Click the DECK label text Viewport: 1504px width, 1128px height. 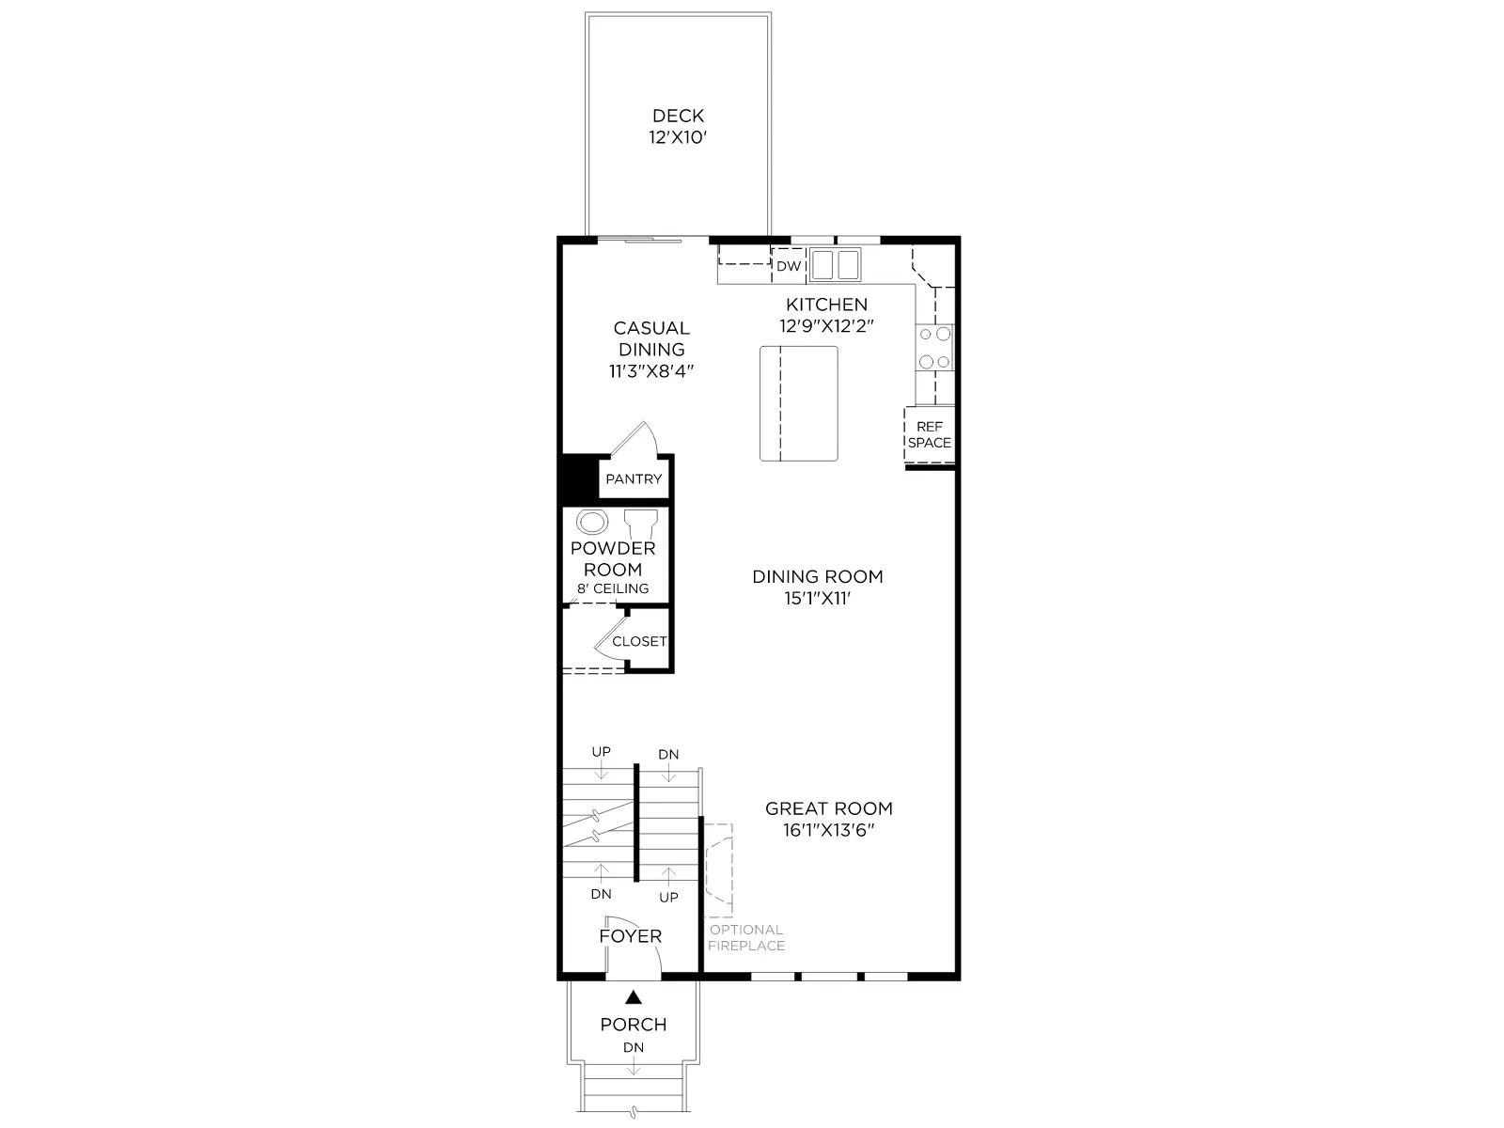(678, 116)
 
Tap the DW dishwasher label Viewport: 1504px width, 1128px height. (788, 266)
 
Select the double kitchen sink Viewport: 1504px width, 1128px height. (835, 265)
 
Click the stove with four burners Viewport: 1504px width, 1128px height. (934, 347)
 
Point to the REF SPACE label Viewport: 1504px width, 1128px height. (929, 435)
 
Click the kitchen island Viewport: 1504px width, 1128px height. (798, 403)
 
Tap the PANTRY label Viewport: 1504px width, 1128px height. (634, 478)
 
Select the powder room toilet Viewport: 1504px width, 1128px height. (641, 525)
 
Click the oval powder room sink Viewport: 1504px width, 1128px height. (592, 522)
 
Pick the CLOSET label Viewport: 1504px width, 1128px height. (638, 642)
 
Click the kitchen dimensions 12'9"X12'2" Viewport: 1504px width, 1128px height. (826, 326)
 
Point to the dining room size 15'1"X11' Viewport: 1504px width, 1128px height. (817, 599)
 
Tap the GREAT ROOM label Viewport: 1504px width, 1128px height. (828, 808)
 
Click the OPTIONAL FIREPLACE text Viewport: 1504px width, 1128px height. (746, 937)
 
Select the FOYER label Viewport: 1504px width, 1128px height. (631, 936)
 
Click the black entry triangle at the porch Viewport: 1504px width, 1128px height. (634, 997)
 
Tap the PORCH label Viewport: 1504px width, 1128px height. (634, 1025)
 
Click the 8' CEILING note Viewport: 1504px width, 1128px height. (613, 588)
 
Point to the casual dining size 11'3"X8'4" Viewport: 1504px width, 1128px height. (650, 371)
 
